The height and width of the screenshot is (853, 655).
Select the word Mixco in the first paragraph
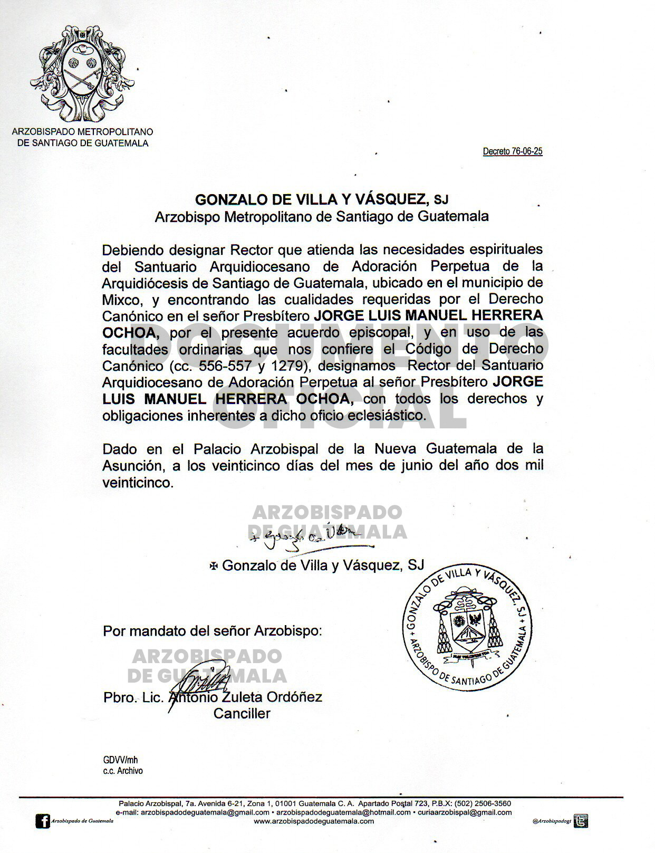(x=121, y=300)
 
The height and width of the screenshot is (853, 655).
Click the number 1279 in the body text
(x=290, y=366)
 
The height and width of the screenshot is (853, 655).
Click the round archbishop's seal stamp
(x=467, y=628)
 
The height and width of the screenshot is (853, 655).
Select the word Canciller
(x=242, y=714)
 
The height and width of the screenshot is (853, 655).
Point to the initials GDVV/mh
(x=120, y=760)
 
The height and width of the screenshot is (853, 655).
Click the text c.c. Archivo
(x=123, y=771)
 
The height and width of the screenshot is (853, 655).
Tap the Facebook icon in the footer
(x=42, y=821)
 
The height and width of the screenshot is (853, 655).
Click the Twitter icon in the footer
(x=581, y=821)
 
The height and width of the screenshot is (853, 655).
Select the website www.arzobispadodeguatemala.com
(x=314, y=821)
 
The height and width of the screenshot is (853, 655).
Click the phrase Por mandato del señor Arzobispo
(x=211, y=631)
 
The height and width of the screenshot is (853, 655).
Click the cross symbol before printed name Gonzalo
(x=214, y=566)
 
